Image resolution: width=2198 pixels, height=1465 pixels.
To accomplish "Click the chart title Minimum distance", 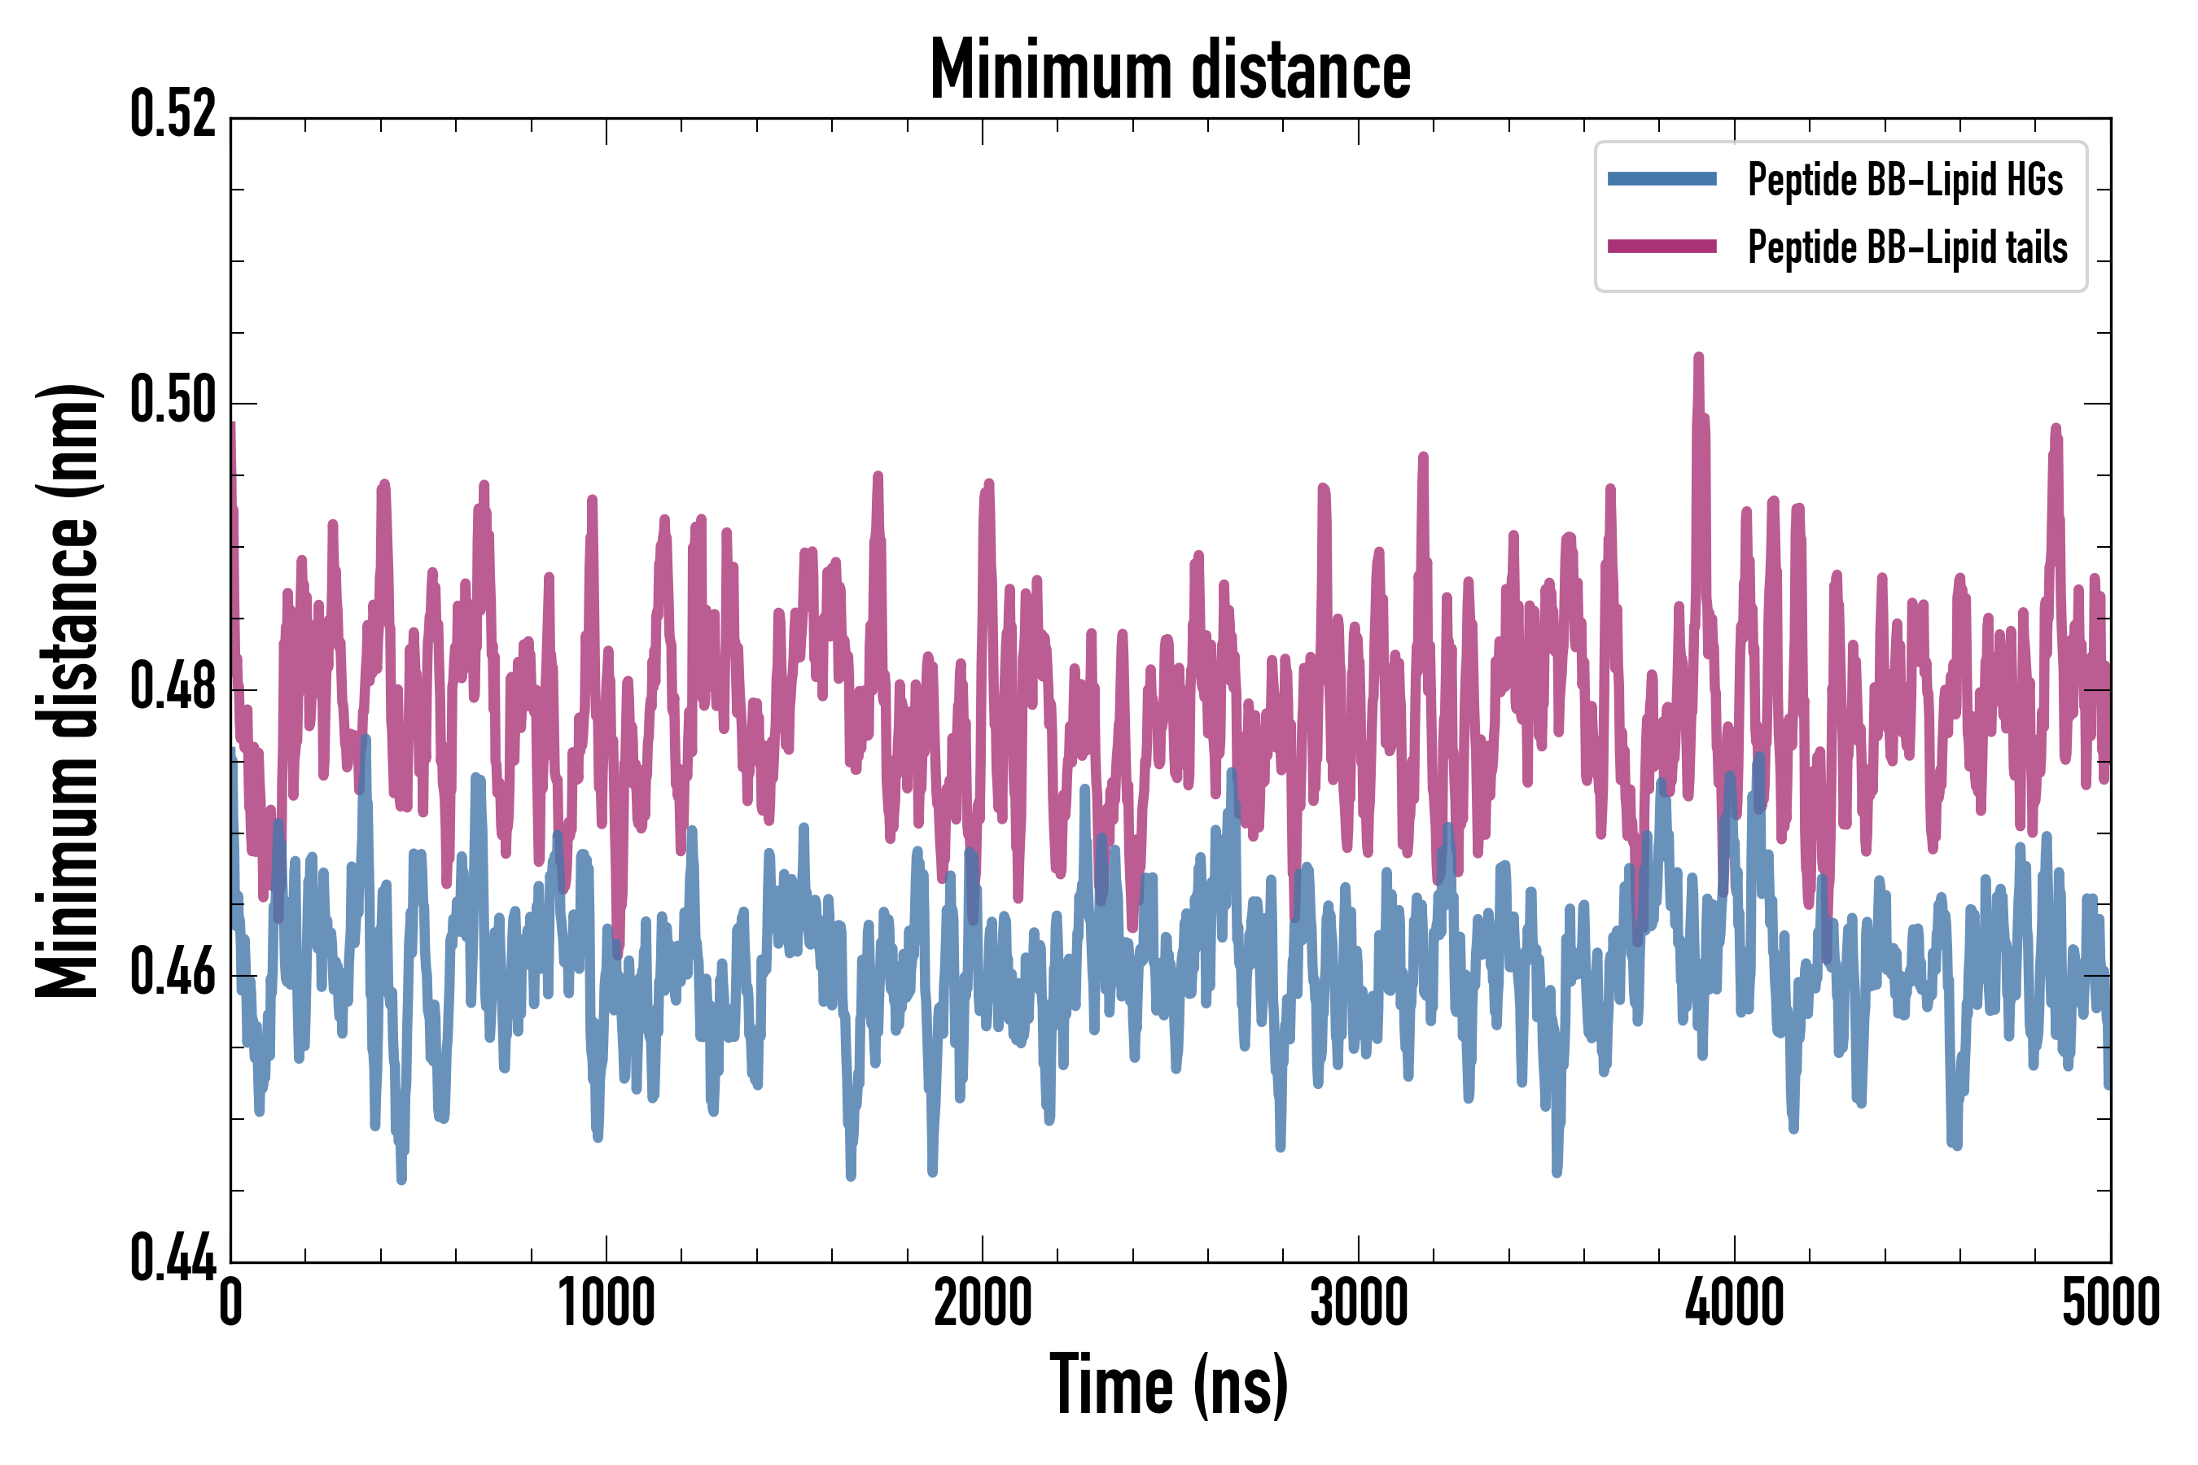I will coord(1170,70).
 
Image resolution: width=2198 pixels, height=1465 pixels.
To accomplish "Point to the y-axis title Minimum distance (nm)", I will coord(68,690).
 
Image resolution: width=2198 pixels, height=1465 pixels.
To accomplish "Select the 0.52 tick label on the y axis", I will coord(173,115).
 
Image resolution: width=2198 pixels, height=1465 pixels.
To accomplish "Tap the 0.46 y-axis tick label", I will coord(173,973).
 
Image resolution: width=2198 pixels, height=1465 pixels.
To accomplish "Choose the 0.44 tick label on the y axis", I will coord(173,1258).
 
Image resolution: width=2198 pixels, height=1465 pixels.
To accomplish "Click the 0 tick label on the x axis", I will coord(231,1302).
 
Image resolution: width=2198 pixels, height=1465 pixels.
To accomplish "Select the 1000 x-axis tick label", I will coord(606,1302).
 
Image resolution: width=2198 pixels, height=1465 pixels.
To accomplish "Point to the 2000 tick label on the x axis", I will coord(983,1302).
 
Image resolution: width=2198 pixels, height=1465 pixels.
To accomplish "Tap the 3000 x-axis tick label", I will coord(1358,1302).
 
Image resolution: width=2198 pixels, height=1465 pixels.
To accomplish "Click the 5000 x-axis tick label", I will coord(2110,1302).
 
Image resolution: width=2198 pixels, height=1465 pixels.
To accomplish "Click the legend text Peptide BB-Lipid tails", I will coord(1907,247).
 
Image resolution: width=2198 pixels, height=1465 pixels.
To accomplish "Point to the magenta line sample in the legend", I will coord(1662,247).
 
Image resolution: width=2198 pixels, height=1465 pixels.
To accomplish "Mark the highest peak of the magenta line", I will coord(1698,357).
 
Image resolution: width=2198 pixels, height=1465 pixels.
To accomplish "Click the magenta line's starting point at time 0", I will coord(232,425).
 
